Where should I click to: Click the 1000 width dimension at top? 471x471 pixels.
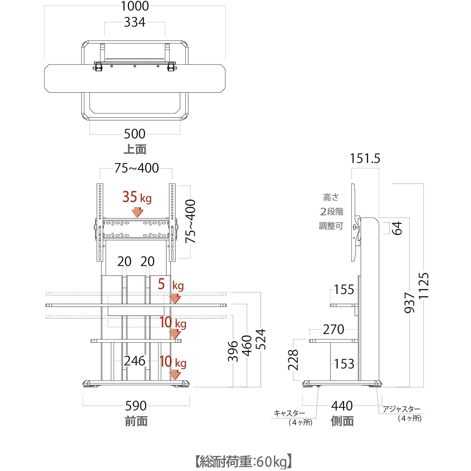135,6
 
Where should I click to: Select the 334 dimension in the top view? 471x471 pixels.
135,22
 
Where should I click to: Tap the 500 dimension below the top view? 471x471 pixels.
135,134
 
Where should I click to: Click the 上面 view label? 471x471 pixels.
135,149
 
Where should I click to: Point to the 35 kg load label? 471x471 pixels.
137,197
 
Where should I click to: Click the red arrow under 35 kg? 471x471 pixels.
137,212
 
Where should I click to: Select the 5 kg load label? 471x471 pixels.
171,285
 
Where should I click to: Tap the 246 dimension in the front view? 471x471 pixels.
135,361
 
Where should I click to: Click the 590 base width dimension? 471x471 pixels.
136,406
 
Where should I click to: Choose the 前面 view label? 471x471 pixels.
136,421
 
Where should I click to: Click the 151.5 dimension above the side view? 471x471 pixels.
365,158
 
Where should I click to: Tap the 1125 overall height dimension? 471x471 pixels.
424,286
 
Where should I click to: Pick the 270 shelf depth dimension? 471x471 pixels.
333,330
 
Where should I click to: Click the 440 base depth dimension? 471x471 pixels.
342,406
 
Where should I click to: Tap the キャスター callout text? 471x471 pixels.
289,413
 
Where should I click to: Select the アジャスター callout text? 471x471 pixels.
401,409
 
